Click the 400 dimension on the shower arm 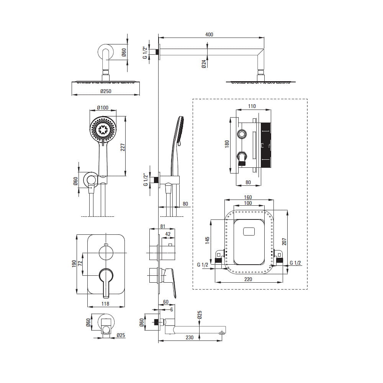click(209, 34)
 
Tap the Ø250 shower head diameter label click(106, 92)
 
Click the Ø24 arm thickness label click(204, 64)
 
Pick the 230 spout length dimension click(190, 337)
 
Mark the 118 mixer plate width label click(105, 304)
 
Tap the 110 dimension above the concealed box click(252, 106)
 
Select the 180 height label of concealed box click(227, 144)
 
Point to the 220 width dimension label click(248, 279)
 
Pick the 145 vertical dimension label click(207, 241)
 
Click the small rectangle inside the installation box click(249, 231)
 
